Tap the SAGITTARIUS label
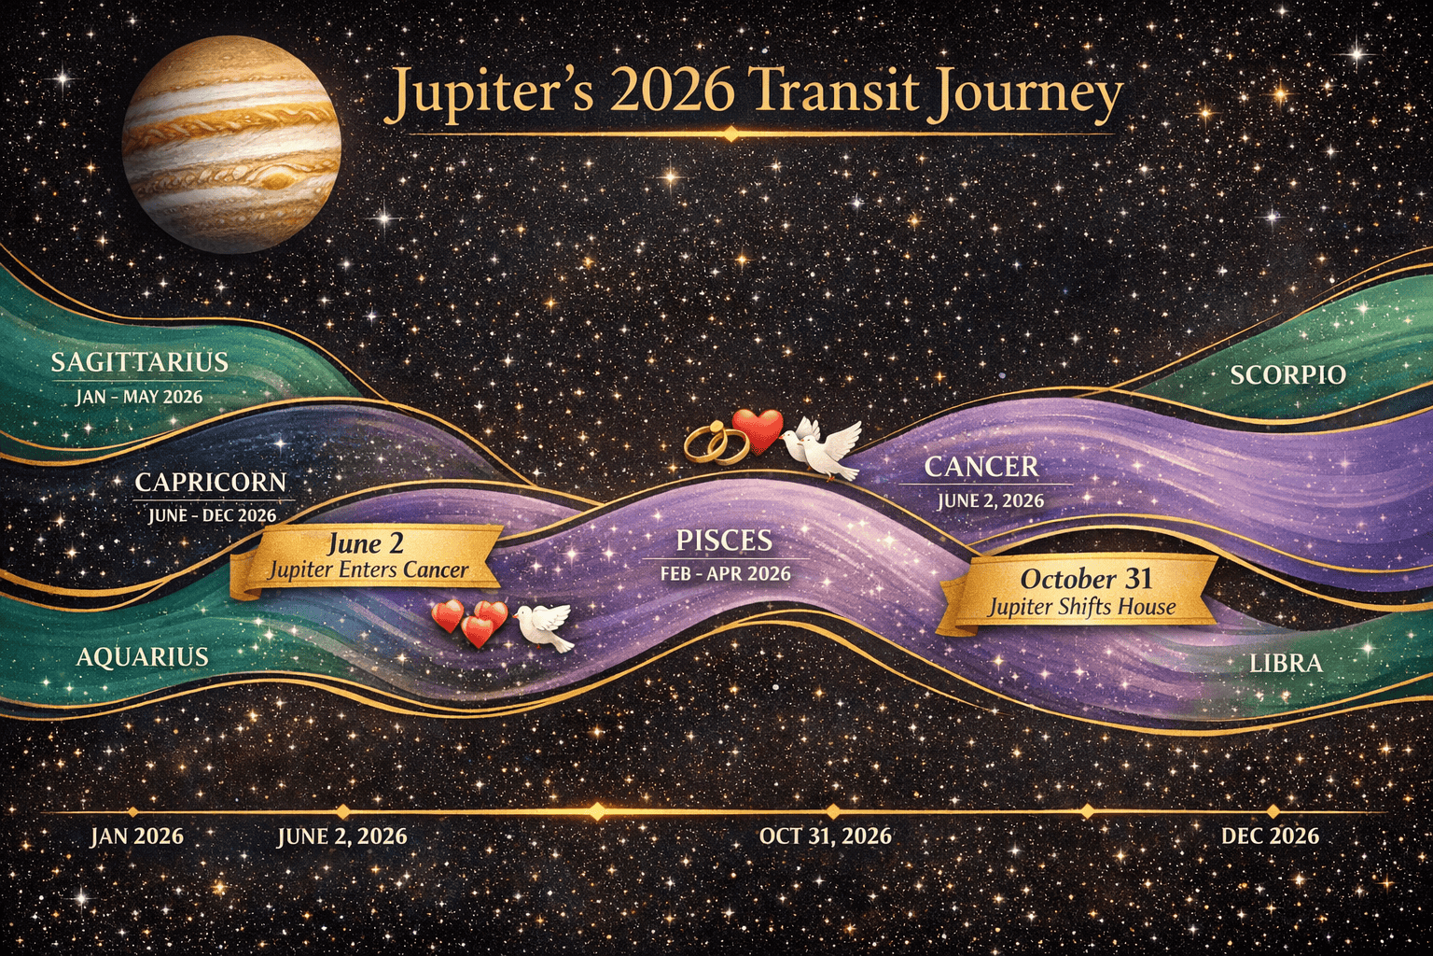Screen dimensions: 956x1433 (x=139, y=362)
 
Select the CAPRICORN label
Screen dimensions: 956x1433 (x=210, y=483)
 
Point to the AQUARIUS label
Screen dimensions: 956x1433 (x=142, y=657)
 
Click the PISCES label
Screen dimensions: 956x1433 (x=724, y=541)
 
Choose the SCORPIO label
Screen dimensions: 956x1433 (x=1287, y=375)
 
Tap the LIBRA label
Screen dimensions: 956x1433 (x=1286, y=664)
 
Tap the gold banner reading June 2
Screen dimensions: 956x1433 (x=367, y=556)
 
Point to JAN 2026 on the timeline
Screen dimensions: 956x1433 (x=136, y=836)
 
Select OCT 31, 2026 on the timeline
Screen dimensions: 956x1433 (x=825, y=836)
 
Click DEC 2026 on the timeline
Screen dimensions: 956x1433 (x=1270, y=836)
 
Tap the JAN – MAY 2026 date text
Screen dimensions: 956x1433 (x=139, y=397)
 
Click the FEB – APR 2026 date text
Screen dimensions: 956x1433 (x=724, y=573)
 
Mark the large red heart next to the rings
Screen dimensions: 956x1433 (x=758, y=430)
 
